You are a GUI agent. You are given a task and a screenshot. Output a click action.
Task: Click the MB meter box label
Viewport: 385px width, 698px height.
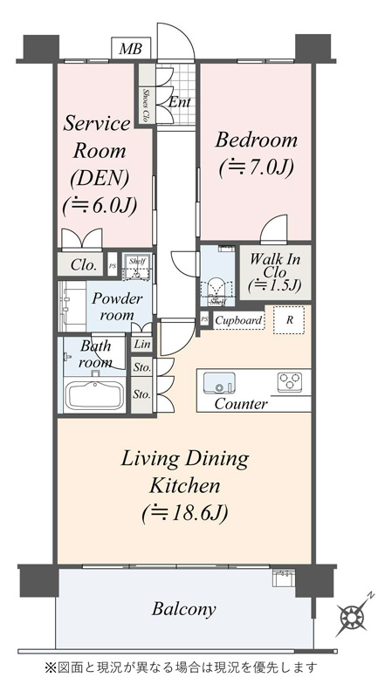tap(131, 49)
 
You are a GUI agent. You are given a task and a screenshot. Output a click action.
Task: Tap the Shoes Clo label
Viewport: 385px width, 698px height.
tap(145, 105)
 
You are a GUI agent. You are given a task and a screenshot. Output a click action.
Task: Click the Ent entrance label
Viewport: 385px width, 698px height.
tap(180, 102)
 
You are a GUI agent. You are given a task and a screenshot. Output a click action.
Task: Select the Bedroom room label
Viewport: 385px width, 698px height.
tap(256, 140)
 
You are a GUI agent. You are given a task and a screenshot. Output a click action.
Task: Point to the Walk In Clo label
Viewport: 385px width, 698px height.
tap(274, 272)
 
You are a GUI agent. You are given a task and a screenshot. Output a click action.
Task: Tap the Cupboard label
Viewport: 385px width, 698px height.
tap(239, 320)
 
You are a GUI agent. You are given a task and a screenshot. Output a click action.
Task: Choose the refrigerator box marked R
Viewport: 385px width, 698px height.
tap(289, 319)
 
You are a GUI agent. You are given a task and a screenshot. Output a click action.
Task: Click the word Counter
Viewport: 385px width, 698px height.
tap(241, 404)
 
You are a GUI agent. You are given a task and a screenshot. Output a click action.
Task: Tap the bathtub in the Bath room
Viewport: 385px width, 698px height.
tap(95, 396)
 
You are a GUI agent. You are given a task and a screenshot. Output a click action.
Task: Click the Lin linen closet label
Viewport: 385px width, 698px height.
tap(142, 344)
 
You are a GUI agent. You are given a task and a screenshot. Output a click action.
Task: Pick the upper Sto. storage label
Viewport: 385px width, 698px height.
tap(142, 367)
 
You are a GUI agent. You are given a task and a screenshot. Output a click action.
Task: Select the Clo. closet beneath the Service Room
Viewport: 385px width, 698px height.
tap(83, 265)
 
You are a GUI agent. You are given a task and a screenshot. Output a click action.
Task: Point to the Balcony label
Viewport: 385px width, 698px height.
tap(183, 608)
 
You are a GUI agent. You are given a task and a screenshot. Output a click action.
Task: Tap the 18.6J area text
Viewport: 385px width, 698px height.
tap(184, 514)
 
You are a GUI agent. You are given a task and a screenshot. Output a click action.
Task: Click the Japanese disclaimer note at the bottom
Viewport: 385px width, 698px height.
tap(181, 667)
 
